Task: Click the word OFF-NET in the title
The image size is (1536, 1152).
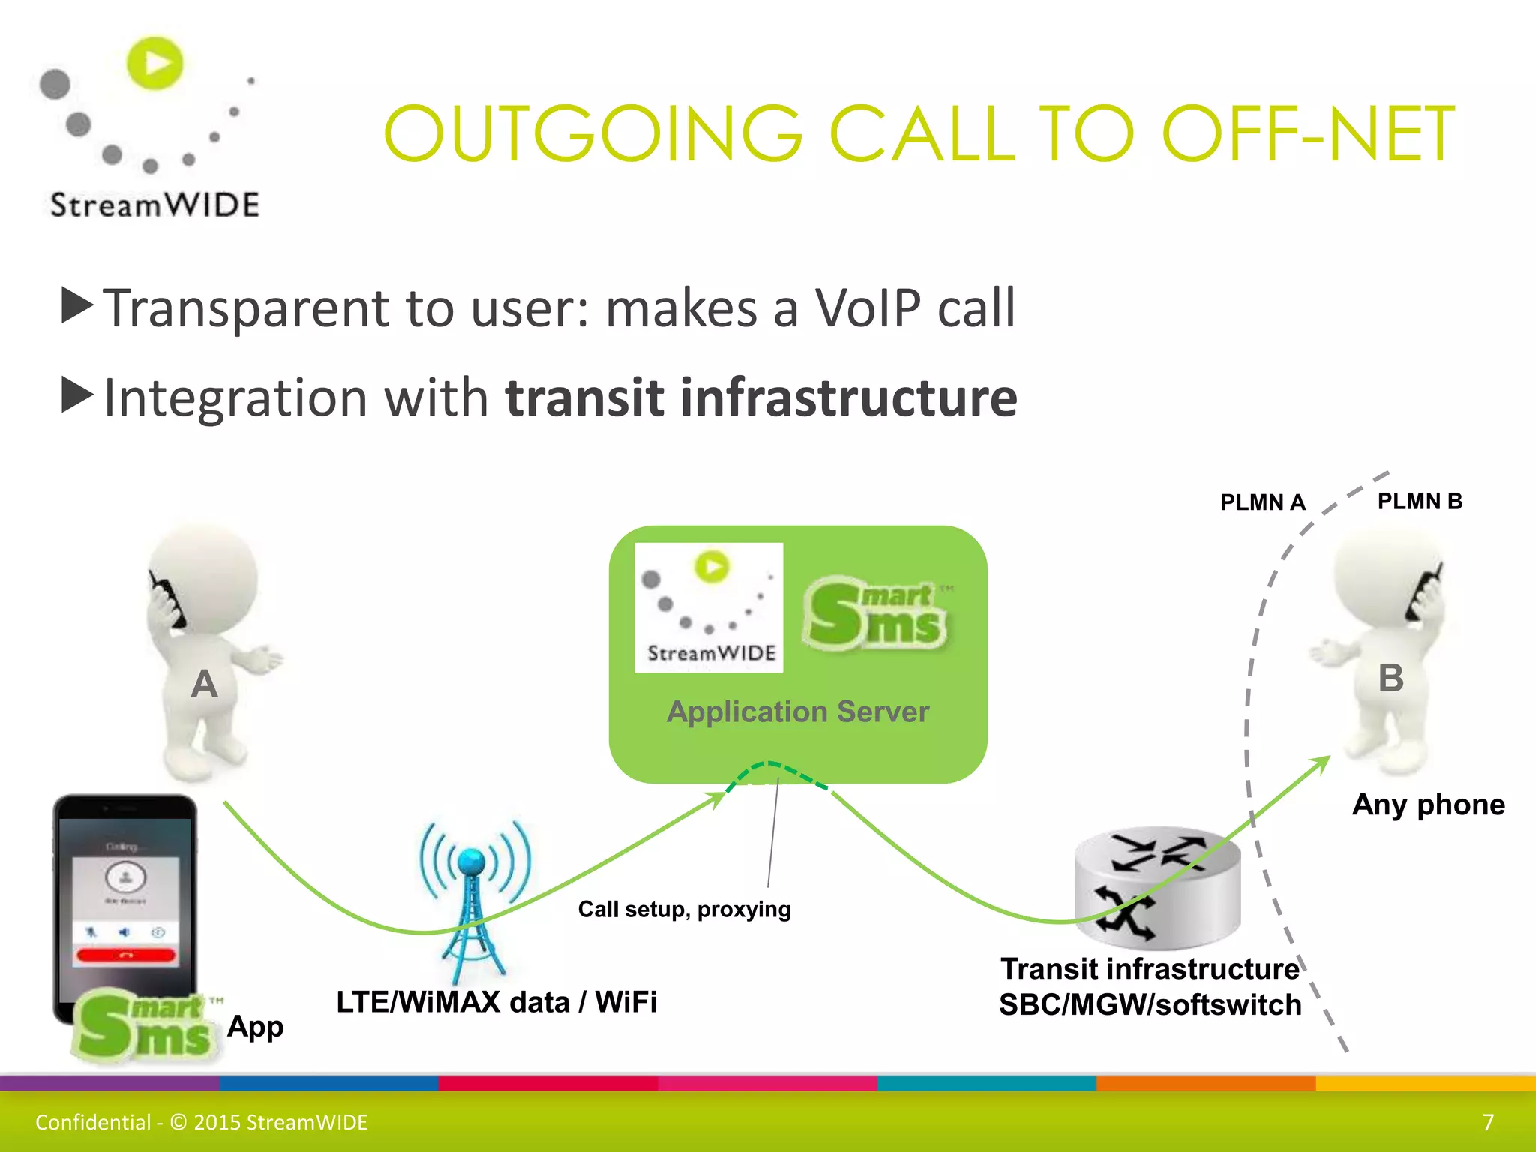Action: tap(1308, 135)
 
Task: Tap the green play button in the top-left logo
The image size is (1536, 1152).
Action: tap(155, 63)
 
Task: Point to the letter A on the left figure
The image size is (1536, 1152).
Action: tap(204, 684)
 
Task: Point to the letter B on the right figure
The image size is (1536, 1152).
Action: tap(1390, 678)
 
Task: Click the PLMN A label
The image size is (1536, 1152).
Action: tap(1263, 502)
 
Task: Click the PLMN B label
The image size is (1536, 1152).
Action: tap(1420, 501)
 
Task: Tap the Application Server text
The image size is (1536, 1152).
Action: tap(798, 711)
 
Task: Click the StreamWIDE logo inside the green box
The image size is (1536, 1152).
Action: tap(709, 607)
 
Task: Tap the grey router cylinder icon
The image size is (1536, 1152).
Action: tap(1157, 889)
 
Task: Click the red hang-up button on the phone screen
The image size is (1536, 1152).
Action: tap(126, 955)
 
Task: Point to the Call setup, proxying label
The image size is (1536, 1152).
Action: tap(684, 909)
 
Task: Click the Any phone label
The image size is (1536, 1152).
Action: tap(1428, 805)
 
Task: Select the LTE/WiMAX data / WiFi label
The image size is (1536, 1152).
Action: tap(496, 1002)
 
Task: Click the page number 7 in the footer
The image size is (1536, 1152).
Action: tap(1488, 1122)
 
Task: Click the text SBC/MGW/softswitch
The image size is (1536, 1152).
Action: tap(1150, 1005)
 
